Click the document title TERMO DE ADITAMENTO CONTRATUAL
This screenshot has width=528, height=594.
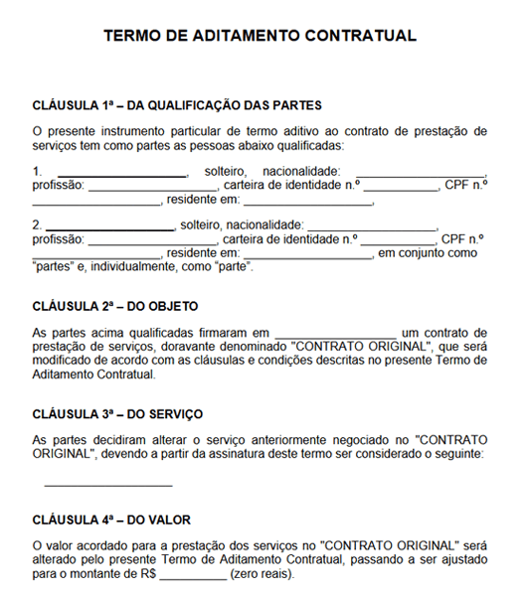[x=260, y=36]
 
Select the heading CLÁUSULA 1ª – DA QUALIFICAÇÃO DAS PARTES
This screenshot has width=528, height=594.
[x=176, y=105]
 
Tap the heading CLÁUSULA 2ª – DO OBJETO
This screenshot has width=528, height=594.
[x=115, y=306]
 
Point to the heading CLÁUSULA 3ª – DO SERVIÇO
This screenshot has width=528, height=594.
[x=117, y=413]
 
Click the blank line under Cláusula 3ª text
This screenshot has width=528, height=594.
[x=108, y=485]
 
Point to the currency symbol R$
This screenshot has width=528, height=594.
[x=148, y=574]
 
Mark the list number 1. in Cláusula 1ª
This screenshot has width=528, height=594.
[x=37, y=171]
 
